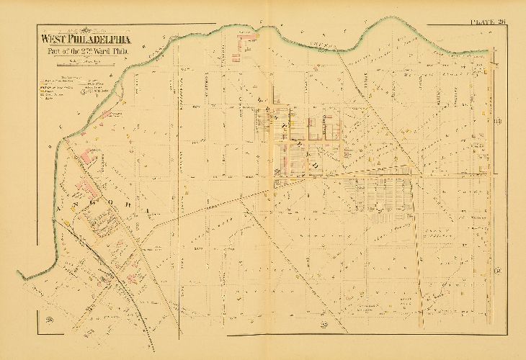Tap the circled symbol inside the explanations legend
click(x=85, y=92)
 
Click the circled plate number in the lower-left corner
click(x=50, y=319)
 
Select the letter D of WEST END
click(x=315, y=165)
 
